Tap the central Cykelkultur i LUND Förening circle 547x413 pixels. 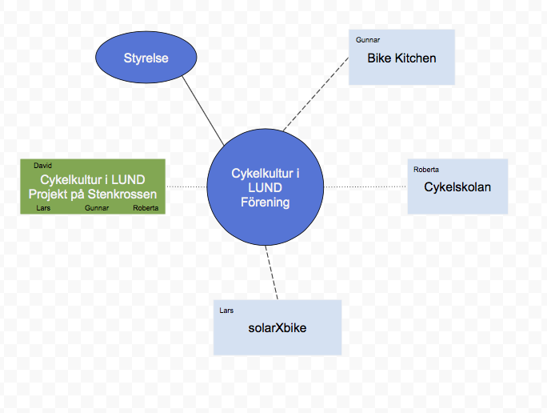pyautogui.click(x=266, y=187)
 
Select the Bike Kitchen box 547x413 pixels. pyautogui.click(x=401, y=58)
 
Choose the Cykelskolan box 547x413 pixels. pyautogui.click(x=457, y=187)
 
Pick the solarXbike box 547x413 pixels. pyautogui.click(x=277, y=327)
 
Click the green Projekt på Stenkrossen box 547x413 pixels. pyautogui.click(x=92, y=186)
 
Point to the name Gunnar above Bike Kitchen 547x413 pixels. pyautogui.click(x=367, y=38)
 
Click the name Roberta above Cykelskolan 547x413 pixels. pyautogui.click(x=426, y=170)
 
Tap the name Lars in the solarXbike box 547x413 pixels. pyautogui.click(x=226, y=310)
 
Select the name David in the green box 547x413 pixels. pyautogui.click(x=42, y=166)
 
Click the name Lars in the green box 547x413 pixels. pyautogui.click(x=44, y=207)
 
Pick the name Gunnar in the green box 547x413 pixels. pyautogui.click(x=95, y=207)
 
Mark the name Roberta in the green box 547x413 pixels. pyautogui.click(x=146, y=207)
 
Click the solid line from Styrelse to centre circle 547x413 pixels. pyautogui.click(x=203, y=111)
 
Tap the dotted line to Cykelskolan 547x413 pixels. pyautogui.click(x=365, y=186)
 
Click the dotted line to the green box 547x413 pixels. pyautogui.click(x=186, y=186)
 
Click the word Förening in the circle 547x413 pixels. pyautogui.click(x=265, y=202)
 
